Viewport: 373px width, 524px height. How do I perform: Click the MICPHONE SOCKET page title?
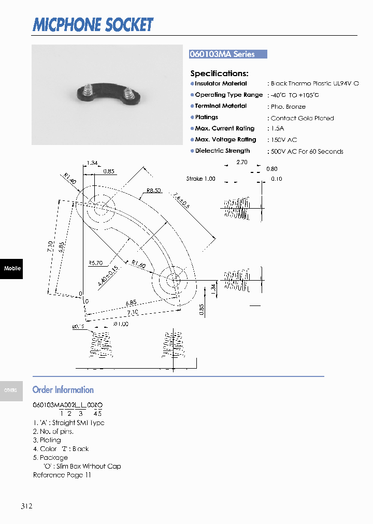[x=93, y=24]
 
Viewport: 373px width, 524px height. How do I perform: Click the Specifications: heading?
[x=219, y=74]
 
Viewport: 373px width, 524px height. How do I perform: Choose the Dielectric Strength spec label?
[x=222, y=151]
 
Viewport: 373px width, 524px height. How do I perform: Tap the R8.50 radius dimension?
[x=153, y=191]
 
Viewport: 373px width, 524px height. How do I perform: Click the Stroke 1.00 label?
[x=200, y=179]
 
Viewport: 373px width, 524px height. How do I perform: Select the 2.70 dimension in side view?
[x=241, y=162]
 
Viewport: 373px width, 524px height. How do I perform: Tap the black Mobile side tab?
[x=11, y=268]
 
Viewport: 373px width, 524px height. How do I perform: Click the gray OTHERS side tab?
[x=11, y=390]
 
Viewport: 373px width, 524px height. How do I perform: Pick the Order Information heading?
[x=63, y=390]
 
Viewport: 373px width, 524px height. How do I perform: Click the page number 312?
[x=27, y=506]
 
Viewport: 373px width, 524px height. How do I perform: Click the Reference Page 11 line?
[x=62, y=475]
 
